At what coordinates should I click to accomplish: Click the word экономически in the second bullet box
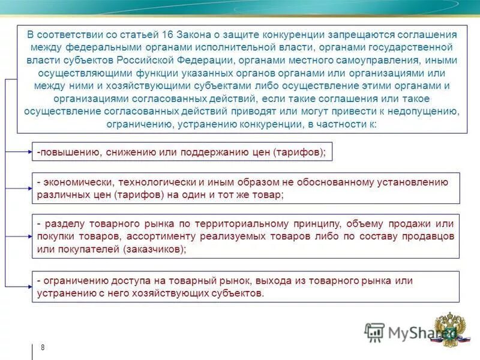coord(78,182)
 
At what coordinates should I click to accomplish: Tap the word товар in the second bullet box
coord(266,195)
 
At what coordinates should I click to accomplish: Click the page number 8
coord(43,348)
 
